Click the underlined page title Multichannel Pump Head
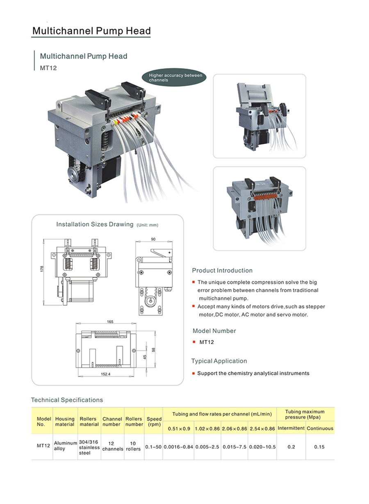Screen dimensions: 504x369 pos(91,31)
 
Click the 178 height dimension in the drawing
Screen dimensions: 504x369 pos(42,269)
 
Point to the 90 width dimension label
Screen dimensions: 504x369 pos(153,239)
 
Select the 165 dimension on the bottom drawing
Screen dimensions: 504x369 pos(110,322)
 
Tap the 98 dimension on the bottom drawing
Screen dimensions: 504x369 pos(153,349)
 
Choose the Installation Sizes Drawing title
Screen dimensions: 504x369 pos(95,224)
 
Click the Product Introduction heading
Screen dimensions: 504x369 pos(222,270)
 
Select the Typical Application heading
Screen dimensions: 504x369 pos(219,361)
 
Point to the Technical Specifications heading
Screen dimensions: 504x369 pos(67,400)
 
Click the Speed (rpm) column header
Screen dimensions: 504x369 pos(154,422)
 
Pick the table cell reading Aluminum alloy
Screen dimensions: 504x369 pos(66,446)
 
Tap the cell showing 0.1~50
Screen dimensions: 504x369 pos(154,447)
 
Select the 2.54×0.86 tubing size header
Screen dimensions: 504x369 pos(262,429)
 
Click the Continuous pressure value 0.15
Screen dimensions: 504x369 pos(319,447)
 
